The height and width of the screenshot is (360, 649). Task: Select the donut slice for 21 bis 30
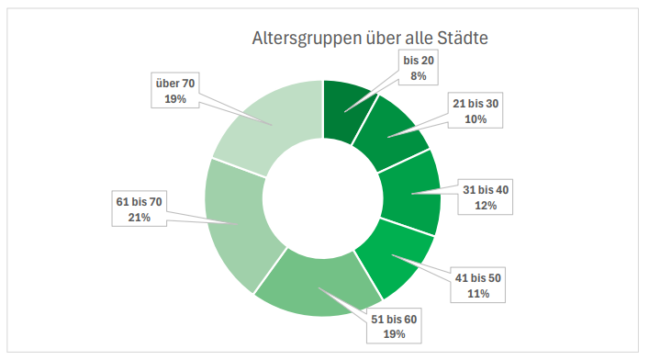click(389, 132)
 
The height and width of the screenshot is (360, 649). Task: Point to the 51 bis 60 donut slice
click(318, 285)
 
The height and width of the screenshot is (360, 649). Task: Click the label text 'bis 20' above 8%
click(419, 61)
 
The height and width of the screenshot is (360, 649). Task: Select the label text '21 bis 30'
click(476, 104)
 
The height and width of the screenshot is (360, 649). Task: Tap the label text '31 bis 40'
click(486, 190)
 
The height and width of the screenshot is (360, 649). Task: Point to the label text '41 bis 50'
click(478, 278)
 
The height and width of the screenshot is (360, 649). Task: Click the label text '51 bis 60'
click(394, 320)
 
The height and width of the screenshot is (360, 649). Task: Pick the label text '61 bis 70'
click(140, 202)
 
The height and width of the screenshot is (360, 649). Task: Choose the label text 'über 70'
click(175, 84)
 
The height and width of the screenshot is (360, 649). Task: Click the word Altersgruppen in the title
click(307, 39)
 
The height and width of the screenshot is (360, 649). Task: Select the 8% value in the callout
click(419, 76)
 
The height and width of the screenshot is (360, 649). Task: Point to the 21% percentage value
click(140, 218)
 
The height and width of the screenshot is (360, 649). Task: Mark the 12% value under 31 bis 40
click(486, 206)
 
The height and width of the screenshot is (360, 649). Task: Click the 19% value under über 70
click(175, 99)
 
